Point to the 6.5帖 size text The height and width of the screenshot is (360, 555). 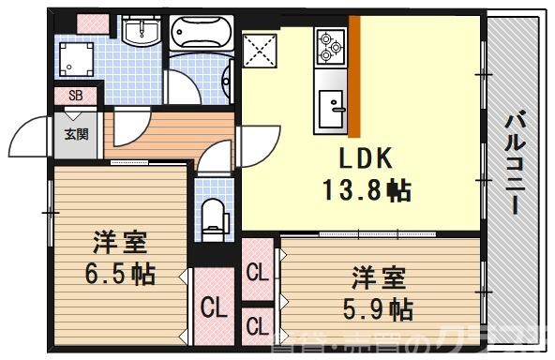[117, 275]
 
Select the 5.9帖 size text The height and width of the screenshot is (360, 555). [378, 307]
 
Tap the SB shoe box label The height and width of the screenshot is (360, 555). [76, 96]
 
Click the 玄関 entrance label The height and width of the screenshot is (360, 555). [76, 133]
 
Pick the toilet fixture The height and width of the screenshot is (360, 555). [215, 217]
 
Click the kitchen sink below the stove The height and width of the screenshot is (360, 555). [332, 107]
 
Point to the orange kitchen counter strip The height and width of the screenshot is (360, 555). [355, 75]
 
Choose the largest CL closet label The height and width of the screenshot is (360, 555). [214, 307]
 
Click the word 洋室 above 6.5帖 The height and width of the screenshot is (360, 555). [118, 243]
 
